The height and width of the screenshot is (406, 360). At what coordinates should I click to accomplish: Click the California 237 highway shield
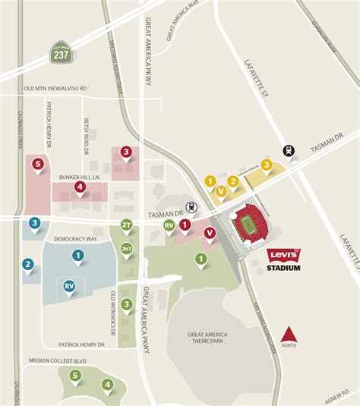click(60, 53)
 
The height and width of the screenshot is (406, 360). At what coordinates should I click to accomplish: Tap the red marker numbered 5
click(37, 164)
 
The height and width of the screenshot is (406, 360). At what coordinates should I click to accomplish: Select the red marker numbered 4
click(79, 187)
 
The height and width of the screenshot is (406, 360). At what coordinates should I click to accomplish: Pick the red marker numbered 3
click(126, 153)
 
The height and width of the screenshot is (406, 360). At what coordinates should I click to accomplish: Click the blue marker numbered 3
click(35, 224)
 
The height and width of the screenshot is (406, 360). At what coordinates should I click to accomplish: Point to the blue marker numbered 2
click(28, 265)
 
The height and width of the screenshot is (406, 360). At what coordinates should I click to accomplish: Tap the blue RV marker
click(69, 286)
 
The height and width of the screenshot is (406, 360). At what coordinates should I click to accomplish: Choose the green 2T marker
click(127, 225)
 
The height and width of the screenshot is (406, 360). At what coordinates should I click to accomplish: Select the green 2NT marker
click(127, 249)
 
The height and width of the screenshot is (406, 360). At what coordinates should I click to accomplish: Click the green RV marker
click(169, 225)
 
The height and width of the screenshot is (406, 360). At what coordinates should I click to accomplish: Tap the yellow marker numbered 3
click(266, 165)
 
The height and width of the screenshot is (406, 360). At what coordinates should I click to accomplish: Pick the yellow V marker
click(220, 191)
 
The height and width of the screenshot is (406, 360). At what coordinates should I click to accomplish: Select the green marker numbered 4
click(108, 384)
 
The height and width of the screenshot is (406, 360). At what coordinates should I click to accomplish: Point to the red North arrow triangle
click(287, 333)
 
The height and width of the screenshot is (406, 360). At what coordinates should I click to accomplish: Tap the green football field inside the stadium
click(248, 223)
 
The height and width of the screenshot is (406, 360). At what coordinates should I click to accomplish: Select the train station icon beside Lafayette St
click(289, 150)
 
